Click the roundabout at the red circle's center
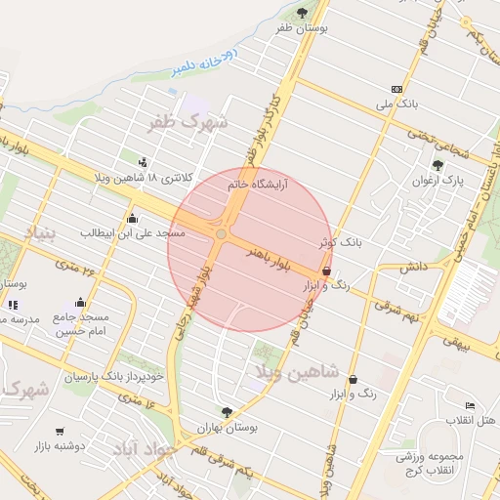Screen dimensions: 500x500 [x=222, y=234]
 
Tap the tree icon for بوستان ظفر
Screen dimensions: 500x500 [x=301, y=12]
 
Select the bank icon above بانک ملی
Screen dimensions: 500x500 [x=396, y=87]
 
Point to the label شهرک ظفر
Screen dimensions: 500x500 [x=187, y=124]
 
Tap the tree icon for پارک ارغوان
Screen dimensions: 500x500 [x=437, y=165]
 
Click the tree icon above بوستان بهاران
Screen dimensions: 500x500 [x=227, y=412]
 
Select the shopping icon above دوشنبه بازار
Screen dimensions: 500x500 [x=61, y=431]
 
